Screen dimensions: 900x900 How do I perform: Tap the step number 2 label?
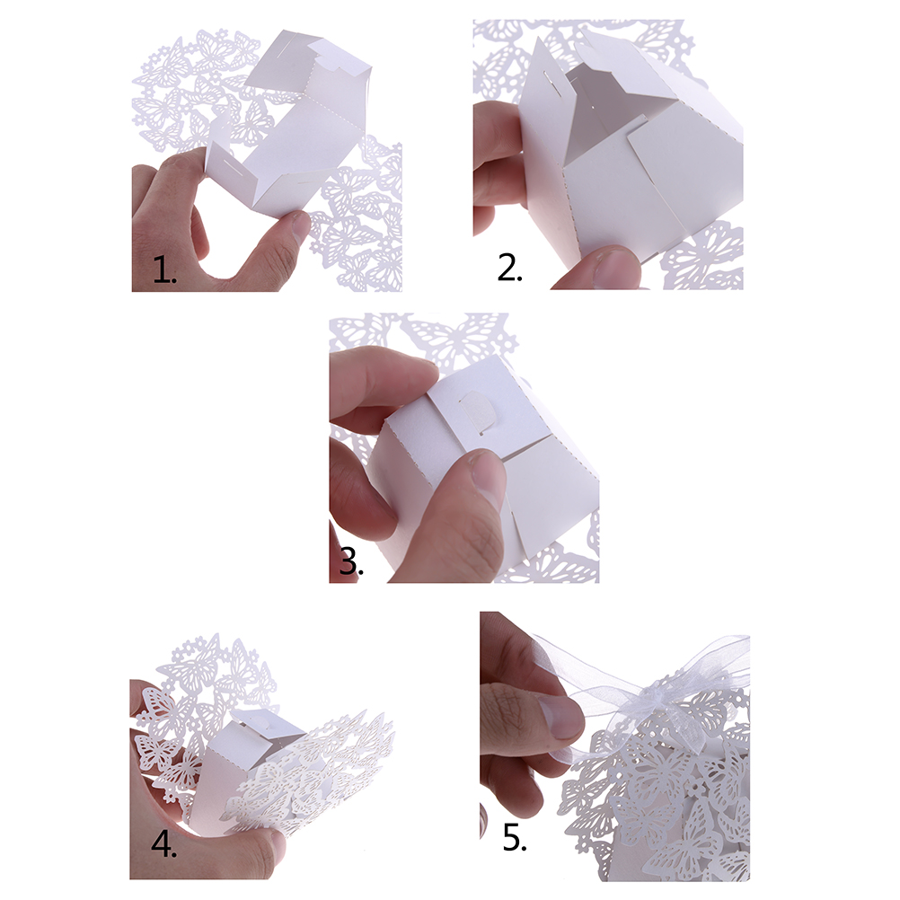click(x=509, y=267)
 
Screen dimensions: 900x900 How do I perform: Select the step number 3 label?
click(x=350, y=560)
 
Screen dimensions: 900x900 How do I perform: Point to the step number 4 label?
click(x=164, y=844)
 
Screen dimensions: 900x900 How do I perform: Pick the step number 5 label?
click(x=515, y=837)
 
